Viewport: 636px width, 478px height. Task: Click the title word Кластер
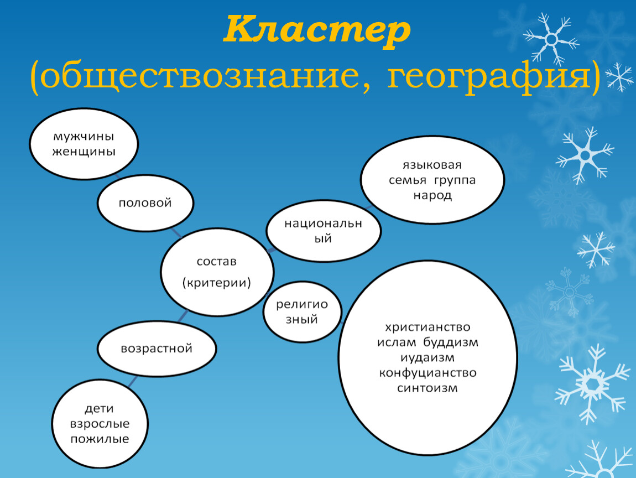(x=317, y=32)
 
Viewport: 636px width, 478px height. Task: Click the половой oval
(x=145, y=203)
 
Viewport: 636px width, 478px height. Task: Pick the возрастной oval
(x=157, y=349)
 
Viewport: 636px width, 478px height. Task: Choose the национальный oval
(x=323, y=231)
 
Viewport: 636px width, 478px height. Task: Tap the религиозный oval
(x=303, y=311)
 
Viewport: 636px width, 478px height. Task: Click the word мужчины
(x=84, y=136)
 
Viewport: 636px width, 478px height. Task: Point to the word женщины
(x=84, y=151)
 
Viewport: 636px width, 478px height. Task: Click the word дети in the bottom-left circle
(x=99, y=409)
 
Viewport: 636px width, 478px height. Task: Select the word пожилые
(x=99, y=439)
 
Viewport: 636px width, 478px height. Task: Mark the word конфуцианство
(x=428, y=372)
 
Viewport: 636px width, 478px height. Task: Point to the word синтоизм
(x=428, y=388)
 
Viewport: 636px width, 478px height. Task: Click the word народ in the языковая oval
(x=432, y=196)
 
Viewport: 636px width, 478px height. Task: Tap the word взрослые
(x=99, y=424)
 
